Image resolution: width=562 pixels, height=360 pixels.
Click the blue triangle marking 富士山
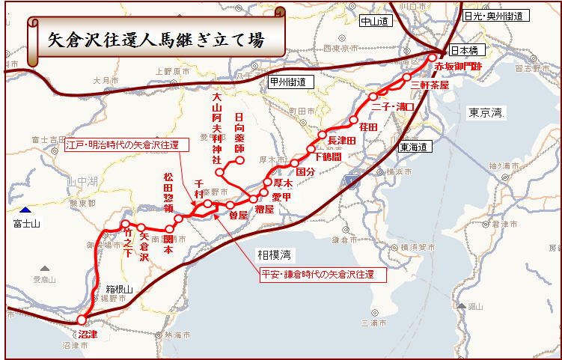(27, 211)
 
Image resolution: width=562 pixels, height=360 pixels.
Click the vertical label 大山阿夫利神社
(217, 128)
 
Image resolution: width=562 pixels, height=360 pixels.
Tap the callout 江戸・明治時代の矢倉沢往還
(122, 145)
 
